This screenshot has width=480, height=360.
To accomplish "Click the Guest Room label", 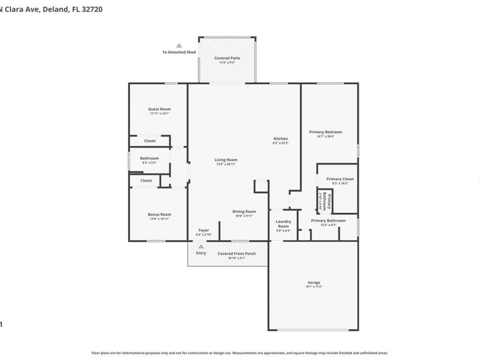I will point(159,109).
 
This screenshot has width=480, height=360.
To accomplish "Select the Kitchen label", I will point(281,139).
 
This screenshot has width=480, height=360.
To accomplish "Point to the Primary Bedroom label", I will point(325,132).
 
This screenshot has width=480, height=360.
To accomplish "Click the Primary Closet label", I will point(340,179).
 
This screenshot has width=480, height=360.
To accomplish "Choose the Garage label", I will point(314,282).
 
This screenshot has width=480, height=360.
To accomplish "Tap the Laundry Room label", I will point(283,223).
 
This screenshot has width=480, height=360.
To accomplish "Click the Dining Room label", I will point(244,211).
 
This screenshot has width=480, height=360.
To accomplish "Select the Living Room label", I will point(226,159).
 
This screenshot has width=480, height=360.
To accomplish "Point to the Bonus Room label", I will point(159,214).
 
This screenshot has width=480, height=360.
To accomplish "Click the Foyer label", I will point(204,230).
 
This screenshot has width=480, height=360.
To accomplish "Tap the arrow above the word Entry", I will point(201,246).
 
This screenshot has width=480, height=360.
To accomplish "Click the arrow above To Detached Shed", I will point(179,46).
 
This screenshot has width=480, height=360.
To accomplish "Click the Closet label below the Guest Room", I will point(150,141).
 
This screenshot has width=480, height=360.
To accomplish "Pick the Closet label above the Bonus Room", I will point(146,180).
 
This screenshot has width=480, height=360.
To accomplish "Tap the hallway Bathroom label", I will point(149,158).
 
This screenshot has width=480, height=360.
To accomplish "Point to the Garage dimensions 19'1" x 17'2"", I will point(314,287).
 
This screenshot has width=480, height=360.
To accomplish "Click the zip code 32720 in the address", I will point(93,9).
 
